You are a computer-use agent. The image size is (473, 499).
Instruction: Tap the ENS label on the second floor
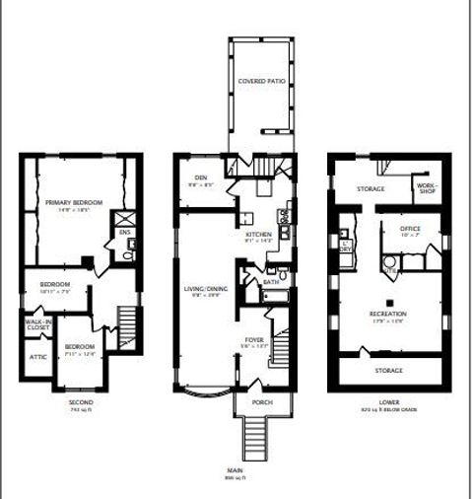coord(125,233)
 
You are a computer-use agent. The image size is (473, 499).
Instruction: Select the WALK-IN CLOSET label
coord(38,321)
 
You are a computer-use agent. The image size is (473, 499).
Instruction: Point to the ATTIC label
coord(37,356)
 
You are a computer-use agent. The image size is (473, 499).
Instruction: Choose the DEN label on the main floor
coord(201,178)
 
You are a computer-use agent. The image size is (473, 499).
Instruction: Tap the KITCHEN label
coord(258,234)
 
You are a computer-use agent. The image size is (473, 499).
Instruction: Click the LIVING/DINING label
coord(205,289)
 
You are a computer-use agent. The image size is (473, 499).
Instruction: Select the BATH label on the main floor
coord(271,283)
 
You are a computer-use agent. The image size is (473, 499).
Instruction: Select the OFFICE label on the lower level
coord(410,229)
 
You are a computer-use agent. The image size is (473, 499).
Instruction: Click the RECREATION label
coord(388,313)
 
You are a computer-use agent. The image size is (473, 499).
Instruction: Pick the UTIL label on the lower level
coord(390,268)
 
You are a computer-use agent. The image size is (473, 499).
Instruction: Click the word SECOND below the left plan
coord(81,402)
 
